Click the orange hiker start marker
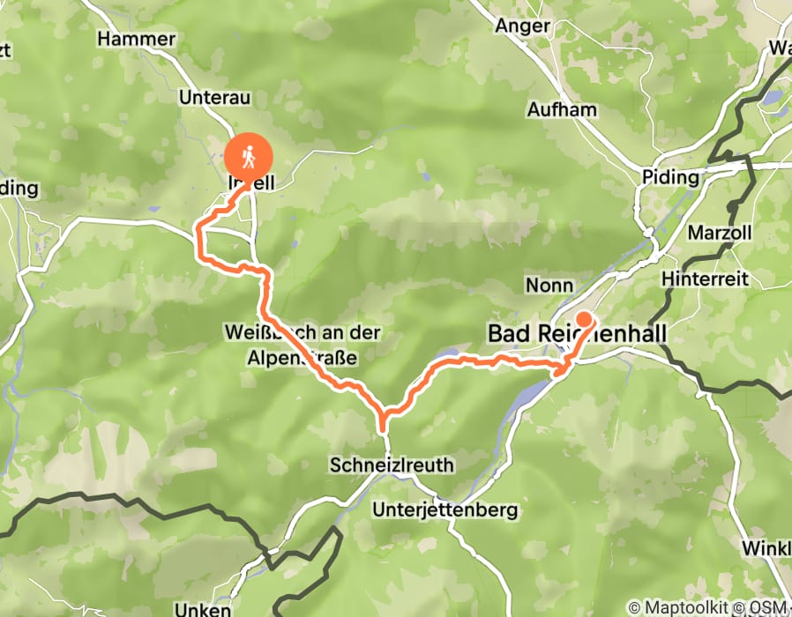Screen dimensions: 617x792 click(x=249, y=158)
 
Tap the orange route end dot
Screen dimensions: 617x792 click(x=583, y=319)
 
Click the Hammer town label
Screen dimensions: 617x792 click(x=137, y=40)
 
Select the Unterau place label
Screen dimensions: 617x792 click(x=215, y=98)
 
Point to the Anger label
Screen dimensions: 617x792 click(x=522, y=26)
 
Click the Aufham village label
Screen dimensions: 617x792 click(x=562, y=110)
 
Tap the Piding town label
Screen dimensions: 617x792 click(x=670, y=177)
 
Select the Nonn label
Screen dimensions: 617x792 click(x=549, y=285)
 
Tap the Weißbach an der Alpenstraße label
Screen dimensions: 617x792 click(x=302, y=345)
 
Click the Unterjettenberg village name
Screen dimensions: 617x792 click(x=445, y=510)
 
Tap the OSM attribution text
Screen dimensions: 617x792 click(x=769, y=607)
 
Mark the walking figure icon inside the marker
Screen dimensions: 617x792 click(x=249, y=156)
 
